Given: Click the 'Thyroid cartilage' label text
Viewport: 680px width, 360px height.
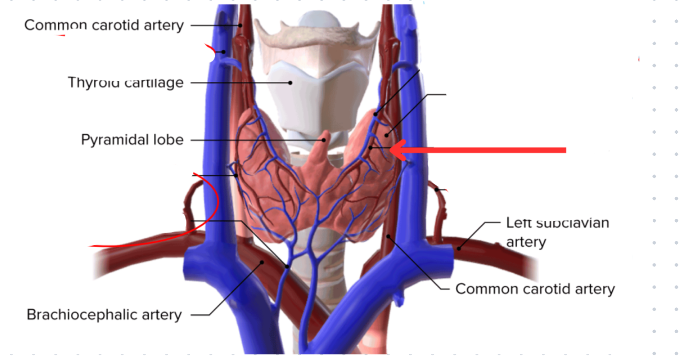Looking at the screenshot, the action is pyautogui.click(x=125, y=82).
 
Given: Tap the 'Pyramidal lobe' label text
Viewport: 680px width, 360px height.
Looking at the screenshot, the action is pyautogui.click(x=132, y=140).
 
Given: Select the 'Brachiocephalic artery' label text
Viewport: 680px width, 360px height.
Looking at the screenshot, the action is pyautogui.click(x=104, y=315).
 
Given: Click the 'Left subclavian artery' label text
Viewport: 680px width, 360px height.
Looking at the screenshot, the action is pyautogui.click(x=557, y=232).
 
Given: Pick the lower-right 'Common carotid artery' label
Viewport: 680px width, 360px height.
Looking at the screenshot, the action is pyautogui.click(x=535, y=289).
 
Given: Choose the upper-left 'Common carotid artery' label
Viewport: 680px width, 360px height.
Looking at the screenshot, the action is pyautogui.click(x=104, y=25).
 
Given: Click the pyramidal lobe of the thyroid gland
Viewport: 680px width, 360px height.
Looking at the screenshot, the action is pyautogui.click(x=321, y=152).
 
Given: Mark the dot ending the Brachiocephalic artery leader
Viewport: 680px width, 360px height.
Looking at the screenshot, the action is pyautogui.click(x=261, y=262).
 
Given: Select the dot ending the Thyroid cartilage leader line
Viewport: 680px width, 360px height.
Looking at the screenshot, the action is pyautogui.click(x=289, y=82).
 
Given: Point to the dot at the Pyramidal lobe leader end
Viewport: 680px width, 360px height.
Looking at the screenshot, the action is pyautogui.click(x=325, y=140).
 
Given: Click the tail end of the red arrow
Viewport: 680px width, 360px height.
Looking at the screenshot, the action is pyautogui.click(x=564, y=150).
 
